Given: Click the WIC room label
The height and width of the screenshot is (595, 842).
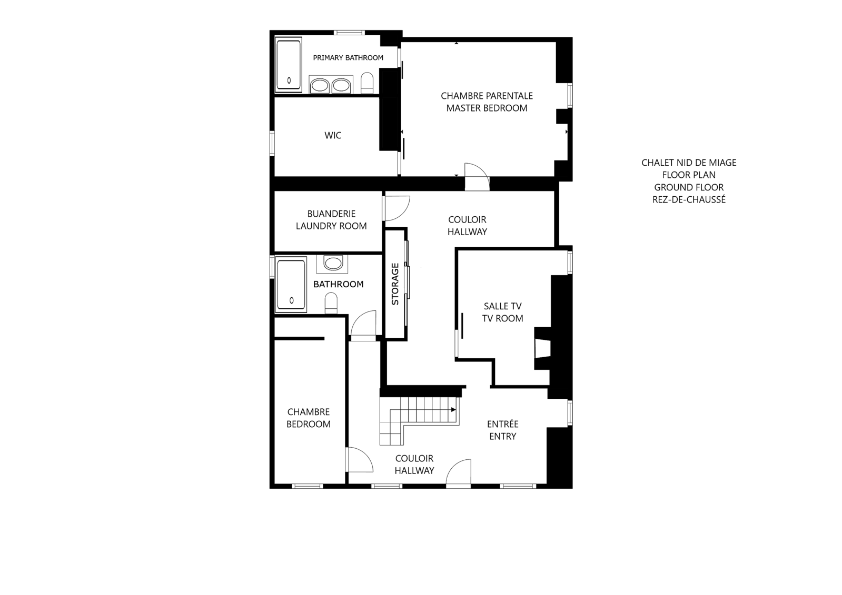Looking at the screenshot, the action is (333, 135).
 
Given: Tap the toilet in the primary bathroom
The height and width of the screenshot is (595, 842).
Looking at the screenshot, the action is (367, 83).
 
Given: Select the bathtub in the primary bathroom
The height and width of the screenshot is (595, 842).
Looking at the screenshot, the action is (289, 65).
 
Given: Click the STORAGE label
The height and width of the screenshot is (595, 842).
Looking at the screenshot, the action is (395, 284).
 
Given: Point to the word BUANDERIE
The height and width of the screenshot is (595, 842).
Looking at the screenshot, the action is (331, 214).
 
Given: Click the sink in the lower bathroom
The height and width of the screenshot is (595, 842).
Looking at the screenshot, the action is (332, 264).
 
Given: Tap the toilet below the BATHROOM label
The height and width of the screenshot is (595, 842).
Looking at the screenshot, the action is (331, 303).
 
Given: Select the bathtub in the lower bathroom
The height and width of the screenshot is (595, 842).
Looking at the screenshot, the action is (291, 285).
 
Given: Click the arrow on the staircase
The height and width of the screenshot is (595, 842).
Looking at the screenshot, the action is (454, 410).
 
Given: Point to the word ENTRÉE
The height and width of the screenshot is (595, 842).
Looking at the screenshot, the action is (502, 424).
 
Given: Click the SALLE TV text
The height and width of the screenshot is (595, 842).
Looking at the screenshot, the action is (502, 306).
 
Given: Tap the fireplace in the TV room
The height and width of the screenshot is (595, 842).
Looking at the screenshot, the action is (542, 348).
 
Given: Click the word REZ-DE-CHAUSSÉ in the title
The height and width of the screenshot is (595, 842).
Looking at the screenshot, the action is (689, 199).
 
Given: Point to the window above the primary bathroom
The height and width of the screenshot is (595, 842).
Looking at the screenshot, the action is (349, 33).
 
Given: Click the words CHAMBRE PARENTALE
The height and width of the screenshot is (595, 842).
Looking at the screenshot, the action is (487, 96).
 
